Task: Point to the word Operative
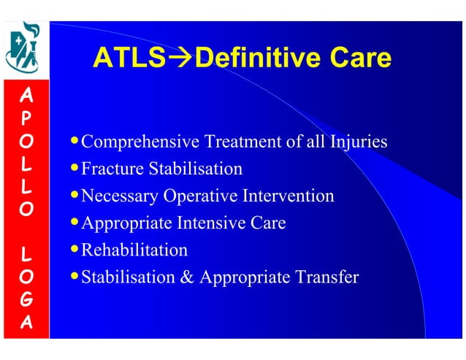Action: pyautogui.click(x=198, y=196)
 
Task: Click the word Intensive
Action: pyautogui.click(x=209, y=223)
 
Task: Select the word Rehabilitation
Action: pyautogui.click(x=134, y=250)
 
